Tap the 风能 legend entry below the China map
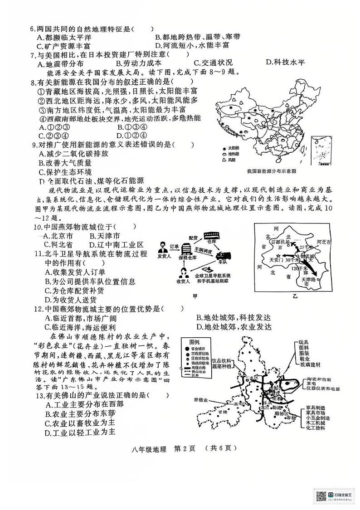(x=231, y=160)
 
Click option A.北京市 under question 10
(x=60, y=236)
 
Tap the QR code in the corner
(x=321, y=496)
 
